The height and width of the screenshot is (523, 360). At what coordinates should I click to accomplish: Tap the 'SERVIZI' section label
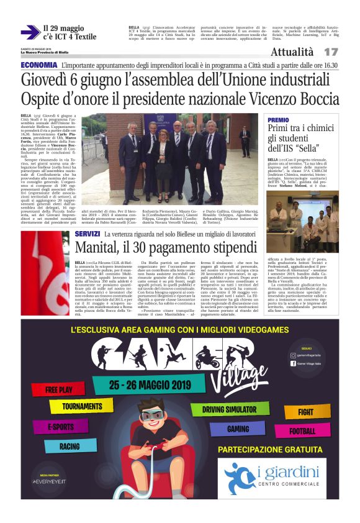coord(87,234)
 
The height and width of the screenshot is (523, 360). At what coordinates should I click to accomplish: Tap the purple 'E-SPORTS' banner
coord(61,427)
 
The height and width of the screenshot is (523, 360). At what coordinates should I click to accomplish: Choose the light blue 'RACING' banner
coord(70,446)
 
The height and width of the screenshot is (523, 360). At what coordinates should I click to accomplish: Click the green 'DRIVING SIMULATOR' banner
coord(233,410)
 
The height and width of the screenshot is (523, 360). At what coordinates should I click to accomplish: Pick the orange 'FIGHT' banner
coord(305,411)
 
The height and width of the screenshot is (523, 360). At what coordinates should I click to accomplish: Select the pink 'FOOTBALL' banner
coord(302,430)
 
